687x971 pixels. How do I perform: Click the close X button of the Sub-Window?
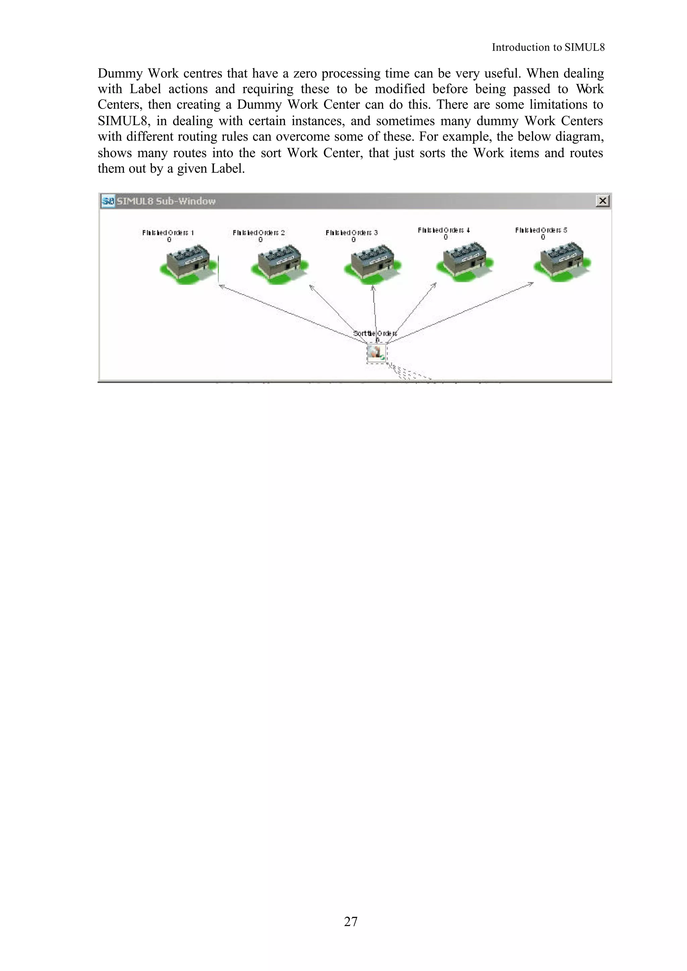[602, 201]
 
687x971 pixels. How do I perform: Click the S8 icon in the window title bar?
[108, 201]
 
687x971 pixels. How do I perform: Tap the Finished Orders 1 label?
[168, 233]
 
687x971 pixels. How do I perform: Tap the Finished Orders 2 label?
[259, 233]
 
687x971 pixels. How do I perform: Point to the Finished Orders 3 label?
[352, 233]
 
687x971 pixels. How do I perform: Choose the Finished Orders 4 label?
[444, 230]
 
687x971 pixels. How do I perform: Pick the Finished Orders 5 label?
[541, 230]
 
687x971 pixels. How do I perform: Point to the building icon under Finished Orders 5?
[562, 261]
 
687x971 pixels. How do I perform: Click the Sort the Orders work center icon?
[376, 353]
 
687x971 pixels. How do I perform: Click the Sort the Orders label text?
[375, 334]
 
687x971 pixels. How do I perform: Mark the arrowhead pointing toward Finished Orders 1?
[220, 286]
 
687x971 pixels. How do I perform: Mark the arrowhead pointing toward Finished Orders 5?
[531, 284]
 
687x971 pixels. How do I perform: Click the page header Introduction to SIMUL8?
[548, 47]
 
